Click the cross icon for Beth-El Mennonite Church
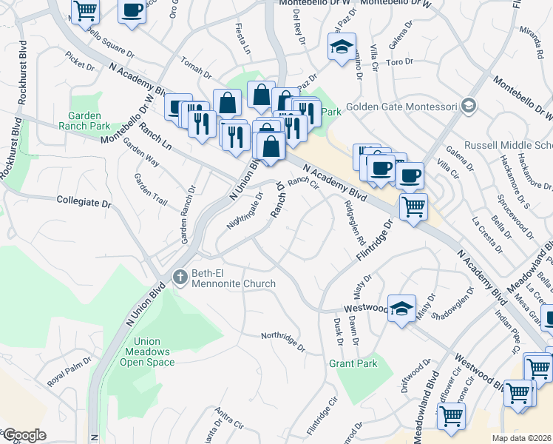point(179,277)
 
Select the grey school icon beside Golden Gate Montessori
point(468,107)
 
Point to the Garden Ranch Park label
point(89,121)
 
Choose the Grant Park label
point(353,363)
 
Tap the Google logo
point(24,435)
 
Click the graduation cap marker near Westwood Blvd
point(402,308)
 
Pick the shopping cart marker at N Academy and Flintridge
point(413,205)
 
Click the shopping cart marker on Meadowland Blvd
point(450,415)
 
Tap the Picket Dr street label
point(80,62)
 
